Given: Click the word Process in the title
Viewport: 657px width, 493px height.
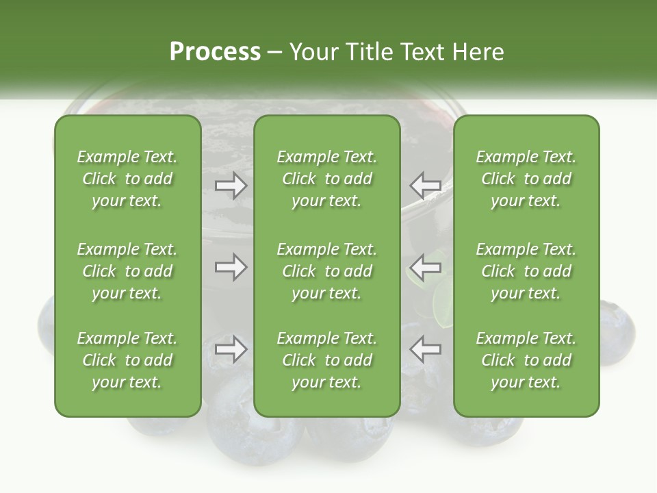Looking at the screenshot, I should click(215, 52).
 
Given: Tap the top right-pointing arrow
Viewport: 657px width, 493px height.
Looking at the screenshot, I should click(231, 185).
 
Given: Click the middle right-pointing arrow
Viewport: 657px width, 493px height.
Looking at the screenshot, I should click(231, 267).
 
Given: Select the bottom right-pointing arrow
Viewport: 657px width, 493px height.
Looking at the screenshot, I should click(231, 349).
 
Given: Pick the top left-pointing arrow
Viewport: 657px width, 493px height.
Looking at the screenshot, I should click(425, 185).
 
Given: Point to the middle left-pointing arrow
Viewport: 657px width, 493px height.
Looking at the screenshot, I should click(425, 267).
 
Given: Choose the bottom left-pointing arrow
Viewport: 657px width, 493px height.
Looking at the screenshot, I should click(425, 349).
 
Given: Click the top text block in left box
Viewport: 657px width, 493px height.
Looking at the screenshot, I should click(127, 179).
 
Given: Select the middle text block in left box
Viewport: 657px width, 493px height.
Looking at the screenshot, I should click(127, 271).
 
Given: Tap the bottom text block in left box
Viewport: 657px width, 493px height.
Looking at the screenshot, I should click(127, 360).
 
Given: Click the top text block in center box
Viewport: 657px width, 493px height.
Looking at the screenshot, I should click(327, 179).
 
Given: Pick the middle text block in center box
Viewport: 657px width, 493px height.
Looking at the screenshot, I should click(327, 271).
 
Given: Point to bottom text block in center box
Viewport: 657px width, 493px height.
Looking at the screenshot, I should click(327, 360).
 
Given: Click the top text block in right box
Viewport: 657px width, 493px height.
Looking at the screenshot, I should click(526, 179).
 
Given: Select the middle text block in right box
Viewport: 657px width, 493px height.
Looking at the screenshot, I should click(526, 271).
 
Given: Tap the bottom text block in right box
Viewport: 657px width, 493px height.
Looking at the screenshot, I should click(526, 360).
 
